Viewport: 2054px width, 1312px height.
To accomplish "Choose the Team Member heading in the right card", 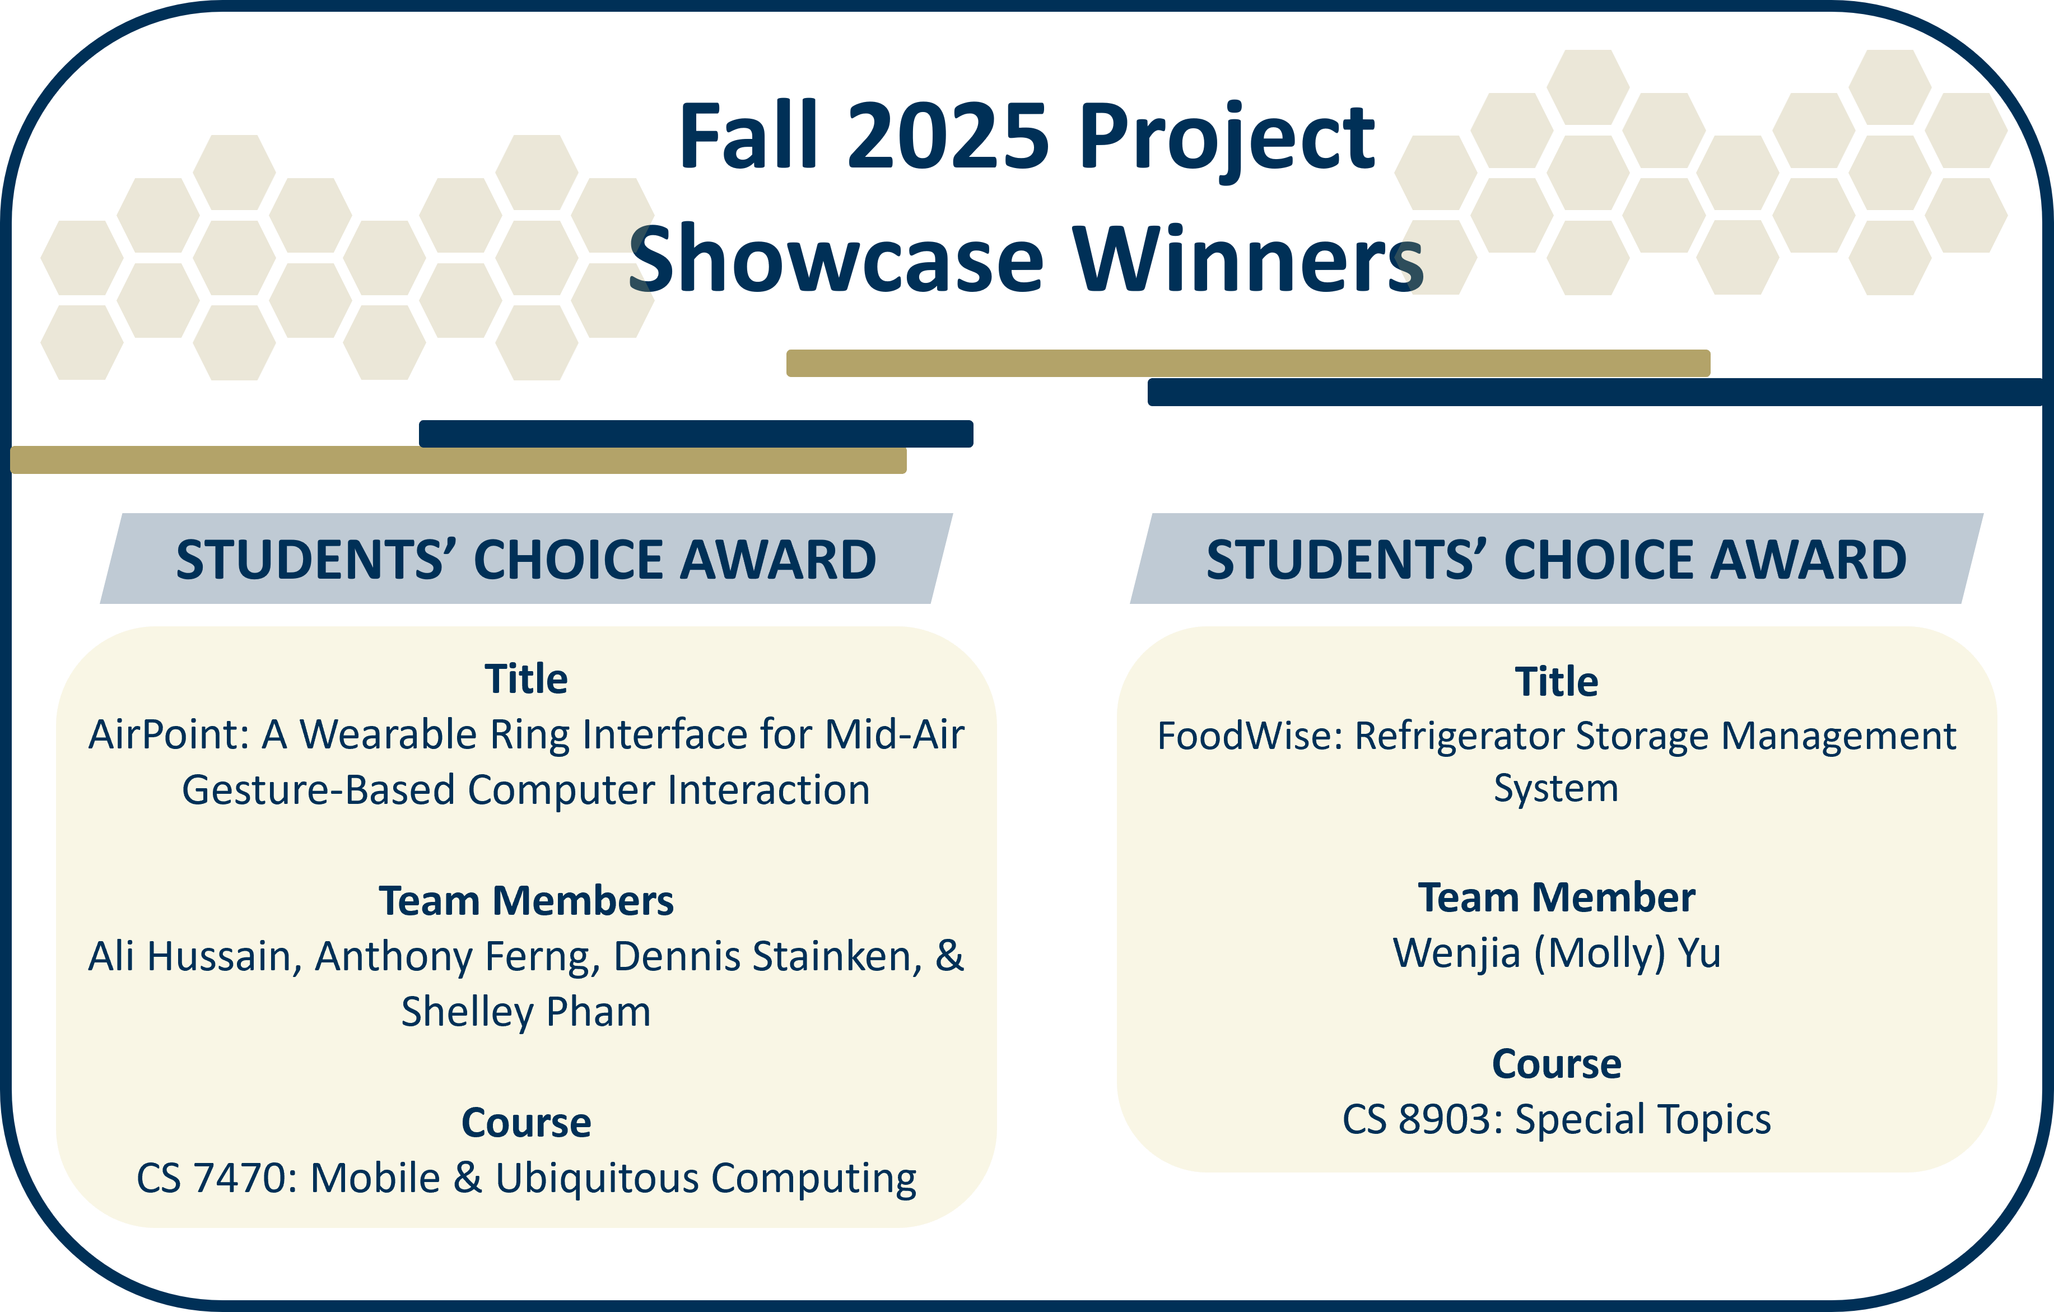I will (1556, 897).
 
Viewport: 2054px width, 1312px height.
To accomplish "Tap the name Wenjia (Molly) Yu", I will (1556, 953).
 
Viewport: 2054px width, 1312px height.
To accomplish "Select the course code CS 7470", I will (215, 1179).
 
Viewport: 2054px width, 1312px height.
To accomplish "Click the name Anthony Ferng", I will (452, 957).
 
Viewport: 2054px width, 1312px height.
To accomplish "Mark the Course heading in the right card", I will (1556, 1064).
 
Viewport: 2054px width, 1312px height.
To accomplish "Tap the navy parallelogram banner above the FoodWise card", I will (1556, 559).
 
